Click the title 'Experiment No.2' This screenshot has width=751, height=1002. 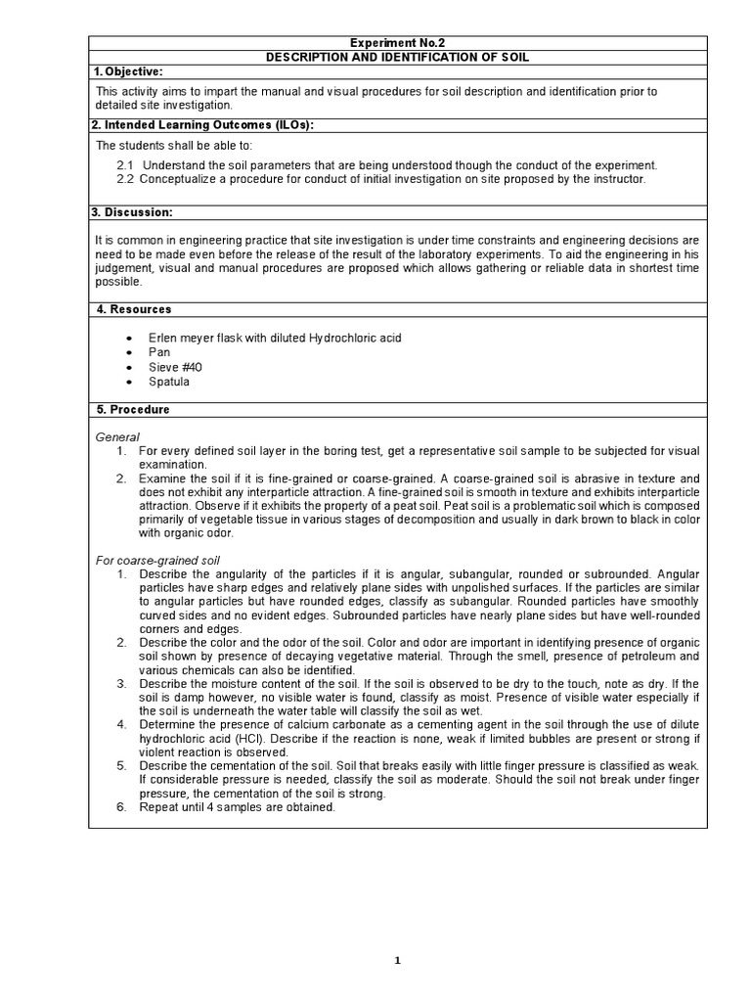(397, 43)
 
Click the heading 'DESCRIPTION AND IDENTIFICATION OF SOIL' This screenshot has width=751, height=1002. (397, 58)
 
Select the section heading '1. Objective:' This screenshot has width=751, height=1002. (128, 72)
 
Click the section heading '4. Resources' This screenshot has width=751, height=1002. (133, 309)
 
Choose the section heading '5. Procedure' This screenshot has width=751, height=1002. (132, 409)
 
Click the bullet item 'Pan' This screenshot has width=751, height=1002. (159, 352)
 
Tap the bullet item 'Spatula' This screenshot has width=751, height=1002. (170, 382)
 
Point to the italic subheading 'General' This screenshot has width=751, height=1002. (117, 436)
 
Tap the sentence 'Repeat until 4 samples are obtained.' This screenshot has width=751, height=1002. (238, 807)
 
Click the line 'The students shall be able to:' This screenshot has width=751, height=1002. (173, 145)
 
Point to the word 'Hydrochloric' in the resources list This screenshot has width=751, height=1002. (341, 338)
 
